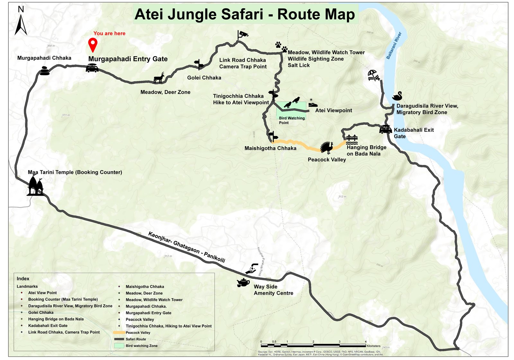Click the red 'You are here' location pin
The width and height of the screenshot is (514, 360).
(93, 44)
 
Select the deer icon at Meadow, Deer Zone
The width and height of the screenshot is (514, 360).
(159, 78)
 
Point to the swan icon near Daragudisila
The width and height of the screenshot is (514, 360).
(397, 96)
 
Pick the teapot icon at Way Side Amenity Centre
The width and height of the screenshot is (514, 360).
(243, 283)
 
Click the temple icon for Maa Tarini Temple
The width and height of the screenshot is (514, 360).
(35, 187)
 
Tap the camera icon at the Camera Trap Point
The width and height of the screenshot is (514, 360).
(243, 34)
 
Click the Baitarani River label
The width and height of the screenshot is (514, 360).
(394, 45)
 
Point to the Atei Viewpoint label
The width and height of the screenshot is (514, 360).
(333, 111)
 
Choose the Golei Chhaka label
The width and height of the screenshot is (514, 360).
(204, 78)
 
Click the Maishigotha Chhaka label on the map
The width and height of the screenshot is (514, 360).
(270, 148)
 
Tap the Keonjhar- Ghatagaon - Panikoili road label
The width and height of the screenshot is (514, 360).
(187, 247)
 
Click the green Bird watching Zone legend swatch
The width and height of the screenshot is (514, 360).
(119, 346)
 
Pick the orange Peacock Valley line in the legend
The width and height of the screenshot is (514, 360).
(119, 333)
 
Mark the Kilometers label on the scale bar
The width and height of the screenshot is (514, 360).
(373, 346)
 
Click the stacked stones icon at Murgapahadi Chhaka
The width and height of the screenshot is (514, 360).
(45, 71)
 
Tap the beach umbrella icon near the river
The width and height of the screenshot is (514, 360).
(374, 76)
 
